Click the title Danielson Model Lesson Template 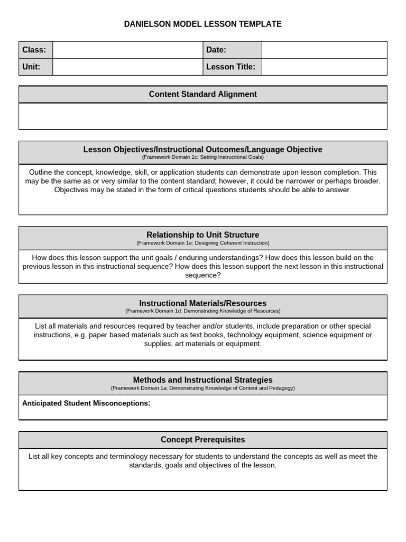click(x=202, y=24)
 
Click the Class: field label click(x=34, y=50)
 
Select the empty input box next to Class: click(x=127, y=50)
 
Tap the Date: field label click(x=216, y=50)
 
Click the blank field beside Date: click(x=324, y=50)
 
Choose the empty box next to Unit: click(x=127, y=67)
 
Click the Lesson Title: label click(x=230, y=67)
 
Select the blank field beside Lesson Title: click(x=324, y=67)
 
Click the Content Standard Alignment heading click(x=202, y=94)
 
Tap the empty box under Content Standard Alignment click(x=202, y=116)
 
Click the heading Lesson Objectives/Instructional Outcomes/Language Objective click(x=202, y=149)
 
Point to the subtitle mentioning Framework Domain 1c click(x=202, y=157)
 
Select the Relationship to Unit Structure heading click(x=202, y=234)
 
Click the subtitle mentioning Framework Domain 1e click(x=202, y=243)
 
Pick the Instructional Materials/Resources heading click(x=202, y=303)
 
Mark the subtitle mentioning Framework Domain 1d click(x=202, y=311)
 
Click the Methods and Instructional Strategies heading click(x=202, y=380)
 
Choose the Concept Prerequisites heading click(x=202, y=440)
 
